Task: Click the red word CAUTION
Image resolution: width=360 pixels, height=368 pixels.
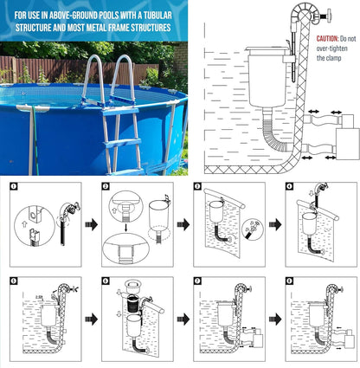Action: pos(327,39)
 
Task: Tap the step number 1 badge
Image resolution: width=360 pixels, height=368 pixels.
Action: pos(14,186)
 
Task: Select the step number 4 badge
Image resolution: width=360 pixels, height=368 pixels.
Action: pos(289,186)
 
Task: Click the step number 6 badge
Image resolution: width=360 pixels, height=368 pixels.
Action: pos(106,281)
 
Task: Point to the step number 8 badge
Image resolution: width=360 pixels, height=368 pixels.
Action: pos(289,281)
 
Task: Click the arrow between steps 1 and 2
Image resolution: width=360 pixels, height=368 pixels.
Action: pos(92,224)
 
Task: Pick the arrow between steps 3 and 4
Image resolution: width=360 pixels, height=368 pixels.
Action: pos(275,224)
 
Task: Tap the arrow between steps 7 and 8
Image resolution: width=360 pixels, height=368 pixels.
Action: pos(275,319)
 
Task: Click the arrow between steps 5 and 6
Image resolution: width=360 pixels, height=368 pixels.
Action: pos(92,319)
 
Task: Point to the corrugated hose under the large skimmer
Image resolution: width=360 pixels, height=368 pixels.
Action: pos(274,132)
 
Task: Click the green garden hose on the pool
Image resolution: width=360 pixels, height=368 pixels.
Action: pos(35,140)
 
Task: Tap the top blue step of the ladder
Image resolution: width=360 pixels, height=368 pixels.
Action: pos(121,111)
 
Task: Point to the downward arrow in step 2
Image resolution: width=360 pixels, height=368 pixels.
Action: pos(125,226)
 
